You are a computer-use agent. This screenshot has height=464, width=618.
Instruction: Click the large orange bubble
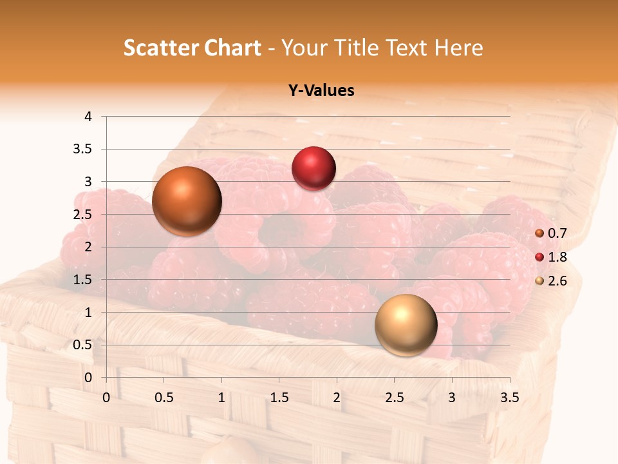[x=187, y=201]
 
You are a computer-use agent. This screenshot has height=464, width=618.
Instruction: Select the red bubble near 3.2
[x=314, y=169]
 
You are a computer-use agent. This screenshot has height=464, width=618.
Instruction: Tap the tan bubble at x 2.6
[x=406, y=325]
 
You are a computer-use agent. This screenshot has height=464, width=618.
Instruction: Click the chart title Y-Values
[x=321, y=91]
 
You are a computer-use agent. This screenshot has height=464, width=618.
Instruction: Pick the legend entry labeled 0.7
[x=557, y=233]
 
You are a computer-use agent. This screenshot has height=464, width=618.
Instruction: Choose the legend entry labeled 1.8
[x=557, y=257]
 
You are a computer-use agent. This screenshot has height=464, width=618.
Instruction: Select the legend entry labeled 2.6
[x=557, y=281]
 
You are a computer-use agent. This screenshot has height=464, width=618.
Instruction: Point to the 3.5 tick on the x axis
[x=510, y=398]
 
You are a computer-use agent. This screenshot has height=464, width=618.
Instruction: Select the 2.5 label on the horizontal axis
[x=394, y=398]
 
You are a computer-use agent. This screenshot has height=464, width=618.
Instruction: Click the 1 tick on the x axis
[x=221, y=398]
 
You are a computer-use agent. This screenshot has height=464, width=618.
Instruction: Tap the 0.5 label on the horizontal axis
[x=164, y=398]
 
